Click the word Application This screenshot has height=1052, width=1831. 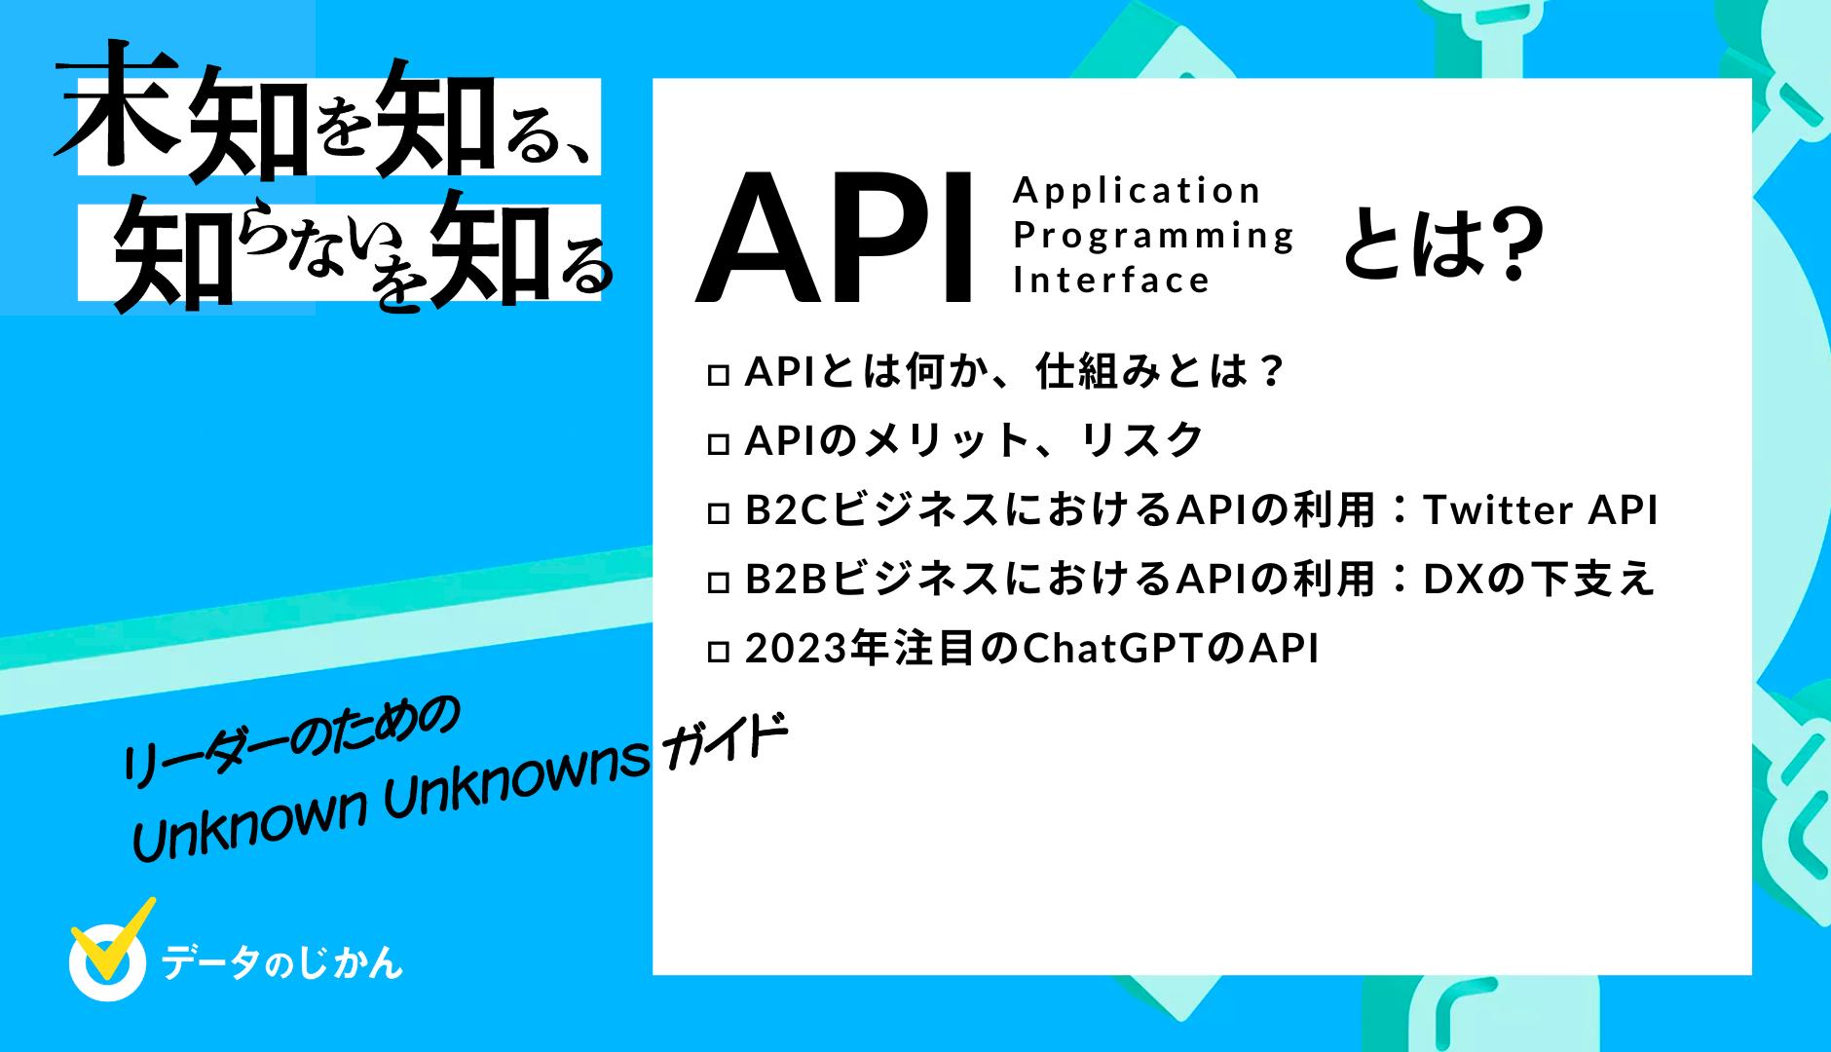[1137, 190]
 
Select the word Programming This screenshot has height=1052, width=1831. [1153, 235]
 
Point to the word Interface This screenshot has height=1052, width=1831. [1111, 281]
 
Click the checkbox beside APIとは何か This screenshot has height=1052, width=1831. [718, 375]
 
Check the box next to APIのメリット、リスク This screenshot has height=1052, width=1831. [718, 444]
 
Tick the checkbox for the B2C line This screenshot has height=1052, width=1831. [718, 513]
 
